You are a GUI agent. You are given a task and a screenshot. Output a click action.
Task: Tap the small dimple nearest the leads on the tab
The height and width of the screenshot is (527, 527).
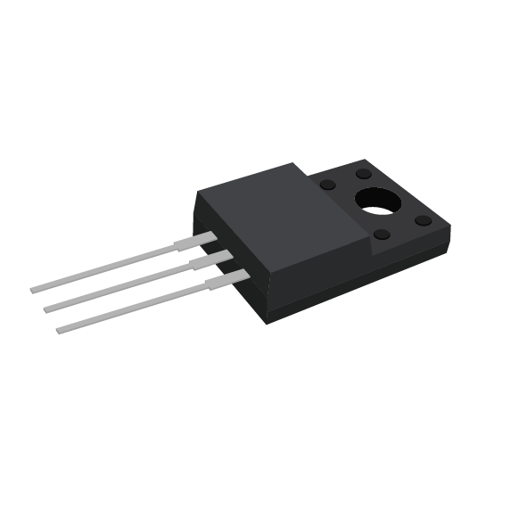click(327, 185)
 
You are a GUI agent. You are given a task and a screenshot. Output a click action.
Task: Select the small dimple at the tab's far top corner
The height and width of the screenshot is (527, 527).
click(364, 173)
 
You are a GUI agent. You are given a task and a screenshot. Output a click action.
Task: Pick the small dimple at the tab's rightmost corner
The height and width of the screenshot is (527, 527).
click(423, 220)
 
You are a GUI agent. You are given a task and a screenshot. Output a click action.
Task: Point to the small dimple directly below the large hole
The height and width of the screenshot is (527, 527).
click(382, 235)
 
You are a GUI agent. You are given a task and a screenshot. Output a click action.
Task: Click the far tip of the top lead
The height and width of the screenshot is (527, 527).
click(34, 290)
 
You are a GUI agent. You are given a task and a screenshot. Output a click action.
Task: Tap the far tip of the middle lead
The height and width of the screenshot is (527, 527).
click(47, 309)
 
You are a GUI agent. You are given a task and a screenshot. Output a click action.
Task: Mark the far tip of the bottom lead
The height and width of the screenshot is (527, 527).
click(60, 330)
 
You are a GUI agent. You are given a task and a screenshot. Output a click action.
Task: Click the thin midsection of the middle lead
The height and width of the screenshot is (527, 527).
click(120, 287)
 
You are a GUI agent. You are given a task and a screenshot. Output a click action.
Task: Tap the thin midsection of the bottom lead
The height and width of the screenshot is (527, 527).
click(134, 308)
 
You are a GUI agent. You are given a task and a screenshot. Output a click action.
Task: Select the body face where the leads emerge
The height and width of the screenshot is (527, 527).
click(234, 268)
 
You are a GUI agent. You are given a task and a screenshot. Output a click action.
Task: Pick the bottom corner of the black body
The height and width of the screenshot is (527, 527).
click(267, 323)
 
